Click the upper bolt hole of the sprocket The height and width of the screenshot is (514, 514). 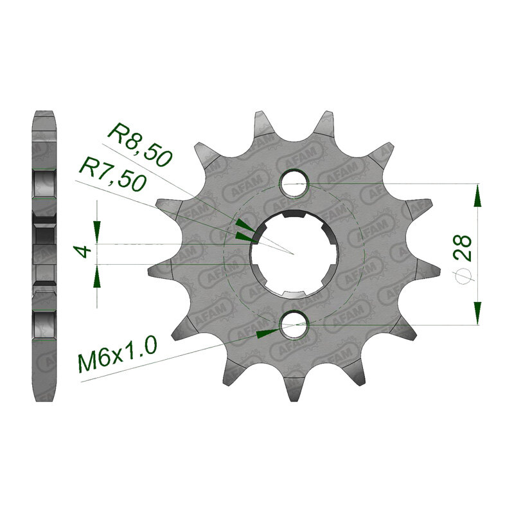pyautogui.click(x=295, y=183)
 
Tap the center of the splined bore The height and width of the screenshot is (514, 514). pyautogui.click(x=294, y=254)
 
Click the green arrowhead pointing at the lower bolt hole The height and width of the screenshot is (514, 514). pyautogui.click(x=266, y=333)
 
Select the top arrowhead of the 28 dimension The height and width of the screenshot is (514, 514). pyautogui.click(x=477, y=195)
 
